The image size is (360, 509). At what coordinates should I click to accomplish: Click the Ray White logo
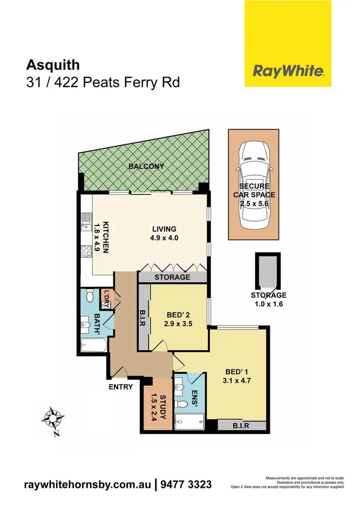[x=288, y=72]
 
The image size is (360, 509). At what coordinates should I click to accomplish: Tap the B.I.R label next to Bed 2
[x=143, y=317]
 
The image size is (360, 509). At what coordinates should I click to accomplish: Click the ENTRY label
[x=120, y=387]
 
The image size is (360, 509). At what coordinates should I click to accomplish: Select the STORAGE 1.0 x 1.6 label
[x=268, y=299]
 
